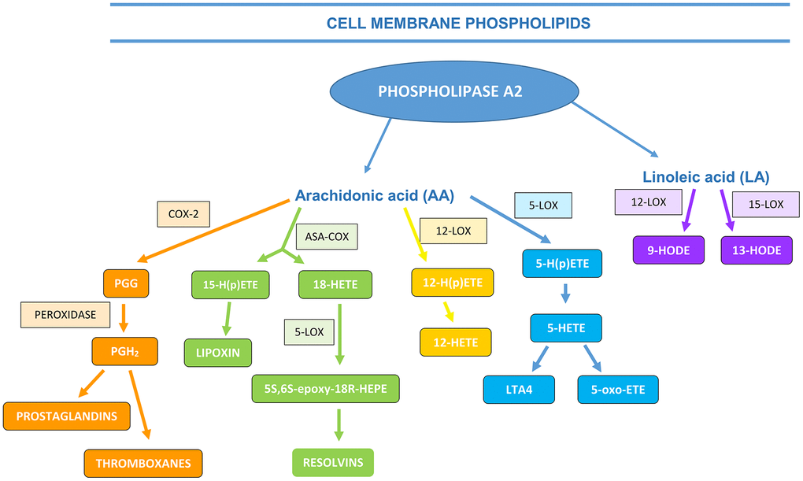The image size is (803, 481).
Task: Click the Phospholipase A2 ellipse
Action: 454,91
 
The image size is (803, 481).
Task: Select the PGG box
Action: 126,283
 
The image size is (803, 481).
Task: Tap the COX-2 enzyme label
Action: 183,214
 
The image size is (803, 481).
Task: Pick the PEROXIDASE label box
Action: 65,315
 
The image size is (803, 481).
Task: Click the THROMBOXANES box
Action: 143,464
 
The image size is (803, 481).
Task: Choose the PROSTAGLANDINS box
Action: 67,416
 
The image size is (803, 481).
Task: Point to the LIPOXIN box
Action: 218,353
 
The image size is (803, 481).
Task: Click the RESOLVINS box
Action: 333,463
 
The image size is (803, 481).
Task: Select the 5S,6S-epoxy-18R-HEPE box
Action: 326,389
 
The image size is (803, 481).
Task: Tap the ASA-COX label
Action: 327,237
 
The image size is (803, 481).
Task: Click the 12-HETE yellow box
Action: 456,342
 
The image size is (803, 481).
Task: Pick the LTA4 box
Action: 520,390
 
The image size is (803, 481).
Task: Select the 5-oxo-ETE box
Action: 618,390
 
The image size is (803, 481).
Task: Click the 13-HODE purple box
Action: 757,250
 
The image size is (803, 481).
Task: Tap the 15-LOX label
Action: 766,205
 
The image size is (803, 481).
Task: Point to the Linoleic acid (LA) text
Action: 706,176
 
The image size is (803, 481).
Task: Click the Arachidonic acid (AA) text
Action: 375,195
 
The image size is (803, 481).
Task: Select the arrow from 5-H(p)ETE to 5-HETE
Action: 565,294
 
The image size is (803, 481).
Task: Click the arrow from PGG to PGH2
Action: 124,318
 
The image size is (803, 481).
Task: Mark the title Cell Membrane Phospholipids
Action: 458,23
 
